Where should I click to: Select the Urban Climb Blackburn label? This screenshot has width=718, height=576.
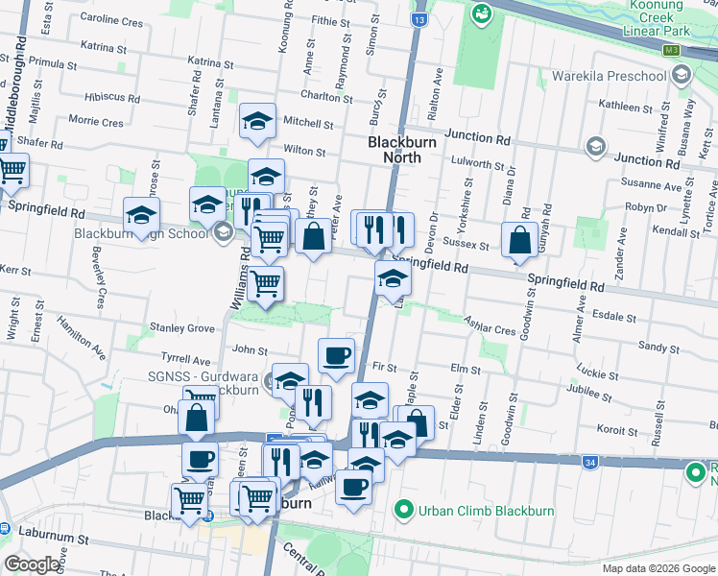487,511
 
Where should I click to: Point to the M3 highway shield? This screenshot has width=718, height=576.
671,49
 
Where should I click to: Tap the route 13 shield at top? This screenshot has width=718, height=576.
419,18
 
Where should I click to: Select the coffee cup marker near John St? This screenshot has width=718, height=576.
336,355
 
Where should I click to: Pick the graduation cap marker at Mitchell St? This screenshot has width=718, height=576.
257,121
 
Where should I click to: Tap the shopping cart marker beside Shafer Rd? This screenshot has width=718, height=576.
12,170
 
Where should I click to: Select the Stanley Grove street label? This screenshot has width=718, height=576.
181,327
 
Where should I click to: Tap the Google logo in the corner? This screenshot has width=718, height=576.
33,564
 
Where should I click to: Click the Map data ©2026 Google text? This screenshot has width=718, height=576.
657,568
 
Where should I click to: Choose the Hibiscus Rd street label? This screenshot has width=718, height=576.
112,97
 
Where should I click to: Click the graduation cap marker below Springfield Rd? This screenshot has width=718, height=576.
393,278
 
